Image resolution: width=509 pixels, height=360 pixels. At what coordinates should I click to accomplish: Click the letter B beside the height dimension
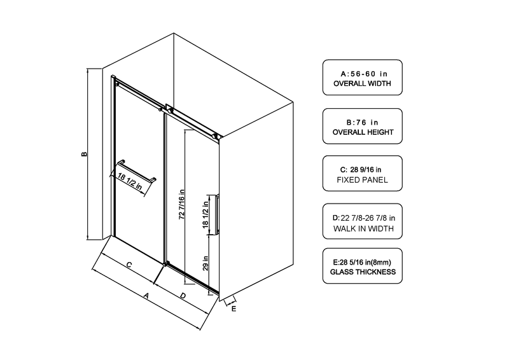coord(85,154)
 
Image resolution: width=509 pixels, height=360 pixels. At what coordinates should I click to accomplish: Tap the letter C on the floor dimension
coord(129,265)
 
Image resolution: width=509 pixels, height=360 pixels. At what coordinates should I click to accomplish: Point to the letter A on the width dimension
coord(146,296)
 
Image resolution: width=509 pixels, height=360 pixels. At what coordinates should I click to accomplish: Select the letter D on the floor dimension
coord(183,296)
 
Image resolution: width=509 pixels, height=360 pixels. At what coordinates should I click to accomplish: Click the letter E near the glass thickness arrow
coord(234,309)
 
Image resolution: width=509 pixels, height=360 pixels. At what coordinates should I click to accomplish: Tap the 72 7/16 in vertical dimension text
coord(182,205)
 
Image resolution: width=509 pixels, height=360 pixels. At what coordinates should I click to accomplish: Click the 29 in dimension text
coord(206,263)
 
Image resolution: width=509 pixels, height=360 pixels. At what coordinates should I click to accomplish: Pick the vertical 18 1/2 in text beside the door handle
coord(206,214)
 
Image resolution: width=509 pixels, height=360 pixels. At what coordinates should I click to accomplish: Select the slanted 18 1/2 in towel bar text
coord(130,182)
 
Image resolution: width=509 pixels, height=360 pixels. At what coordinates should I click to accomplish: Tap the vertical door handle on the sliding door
coord(217,214)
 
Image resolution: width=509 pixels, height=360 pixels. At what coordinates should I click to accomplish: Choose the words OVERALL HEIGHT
coord(363,132)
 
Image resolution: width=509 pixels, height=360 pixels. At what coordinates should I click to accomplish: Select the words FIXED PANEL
coord(362,180)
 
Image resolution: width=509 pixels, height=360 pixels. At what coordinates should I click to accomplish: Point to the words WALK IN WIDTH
coord(363,228)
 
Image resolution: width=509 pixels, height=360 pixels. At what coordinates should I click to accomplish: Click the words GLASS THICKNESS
coord(363,272)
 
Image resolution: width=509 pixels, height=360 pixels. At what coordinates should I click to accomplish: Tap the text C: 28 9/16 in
coord(361,169)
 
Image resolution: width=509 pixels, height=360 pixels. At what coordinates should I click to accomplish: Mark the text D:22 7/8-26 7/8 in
coord(363,218)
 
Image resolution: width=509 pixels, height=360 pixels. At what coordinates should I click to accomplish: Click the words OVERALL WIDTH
coord(362,83)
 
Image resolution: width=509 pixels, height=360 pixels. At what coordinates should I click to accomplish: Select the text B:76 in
coord(362,122)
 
